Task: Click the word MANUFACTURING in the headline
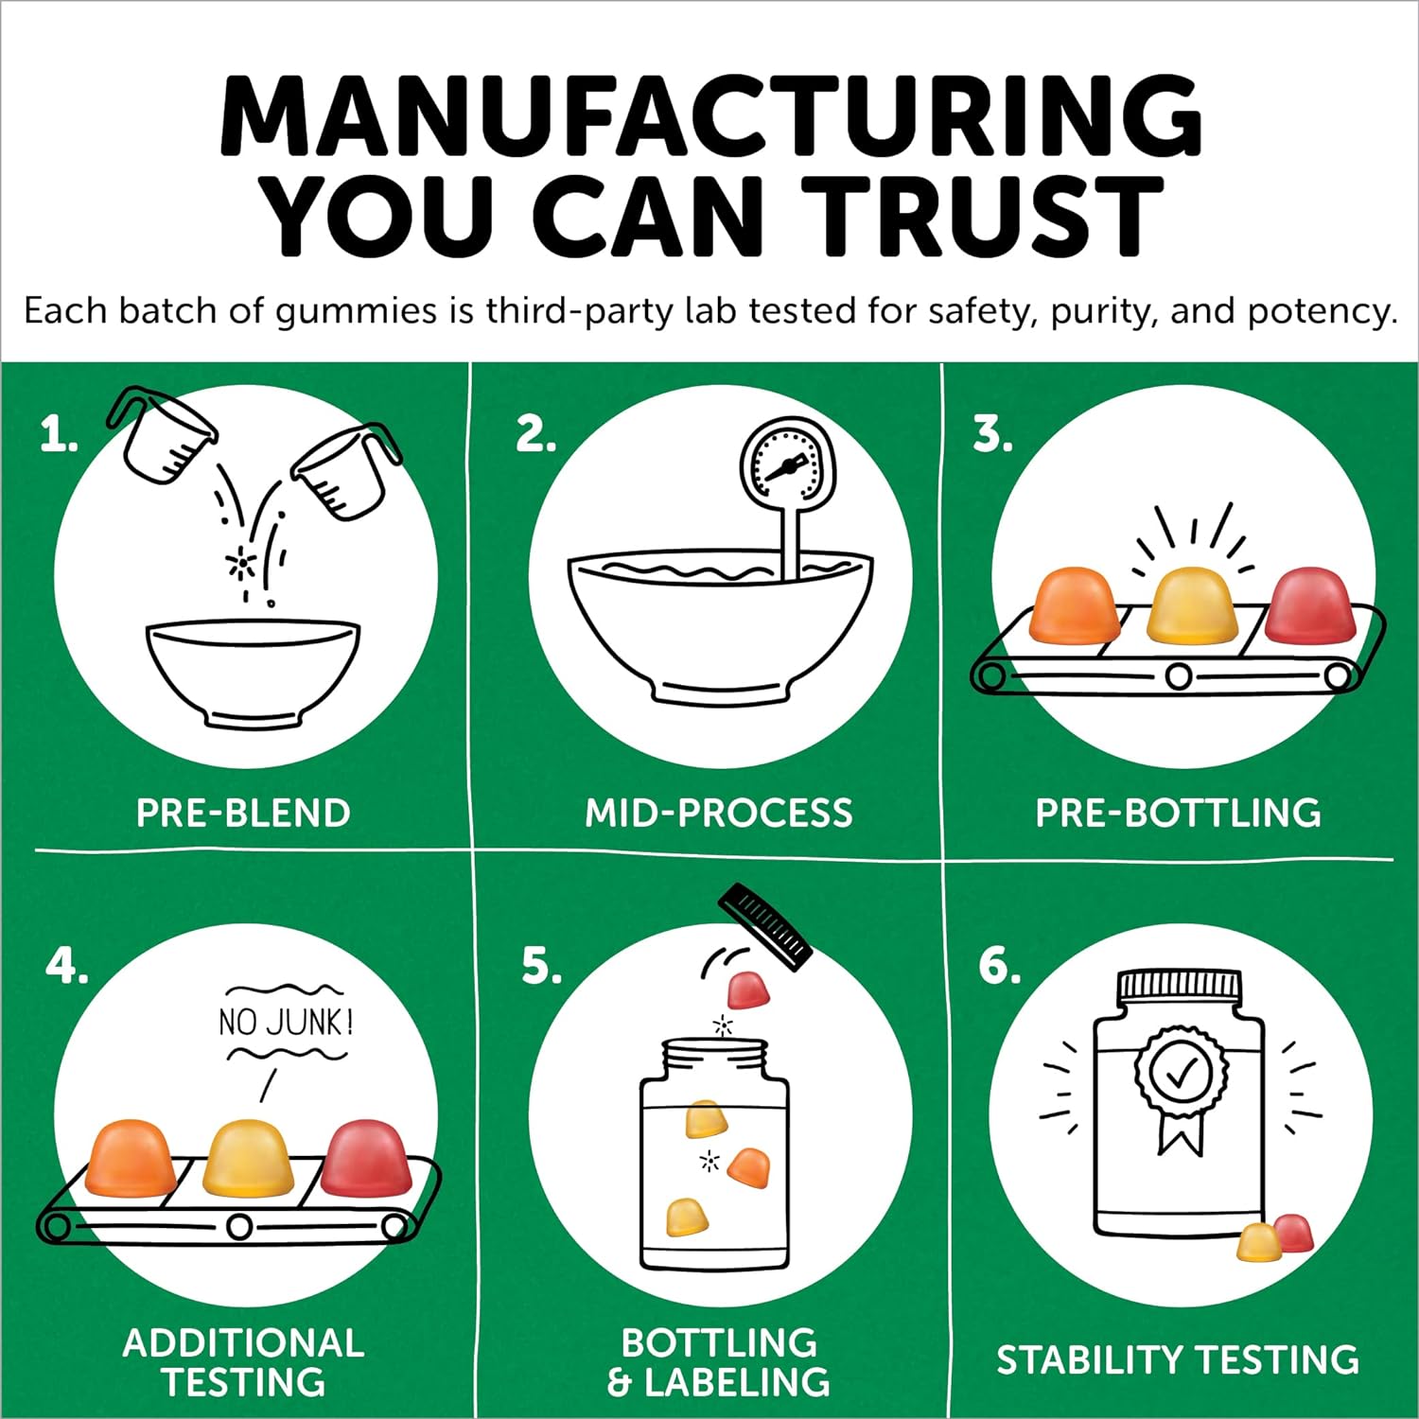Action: coord(710,115)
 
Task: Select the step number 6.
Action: coord(1000,966)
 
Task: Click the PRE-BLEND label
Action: coord(243,814)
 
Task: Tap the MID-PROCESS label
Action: coord(719,814)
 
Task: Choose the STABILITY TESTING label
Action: coord(1178,1360)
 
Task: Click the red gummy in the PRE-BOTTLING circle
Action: coord(1310,602)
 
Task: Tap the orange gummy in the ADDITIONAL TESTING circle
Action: coord(130,1156)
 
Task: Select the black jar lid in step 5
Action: coord(765,926)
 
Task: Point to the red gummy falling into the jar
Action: coord(748,990)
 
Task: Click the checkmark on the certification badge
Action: coord(1182,1073)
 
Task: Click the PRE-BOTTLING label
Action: coord(1179,814)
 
